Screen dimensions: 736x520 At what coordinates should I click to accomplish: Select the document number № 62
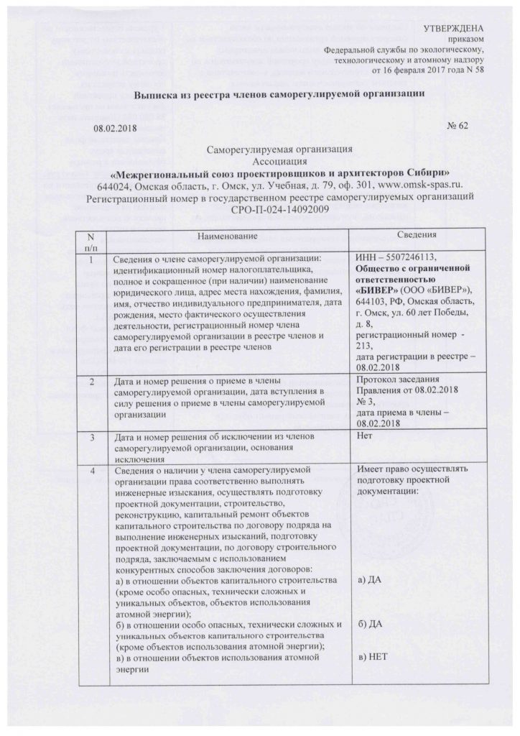457,127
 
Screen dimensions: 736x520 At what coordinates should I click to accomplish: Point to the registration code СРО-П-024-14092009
279,209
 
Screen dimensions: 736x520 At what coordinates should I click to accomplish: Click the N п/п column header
90,242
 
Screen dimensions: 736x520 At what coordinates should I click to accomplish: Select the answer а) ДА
368,579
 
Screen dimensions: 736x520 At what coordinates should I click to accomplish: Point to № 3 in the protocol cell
366,402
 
